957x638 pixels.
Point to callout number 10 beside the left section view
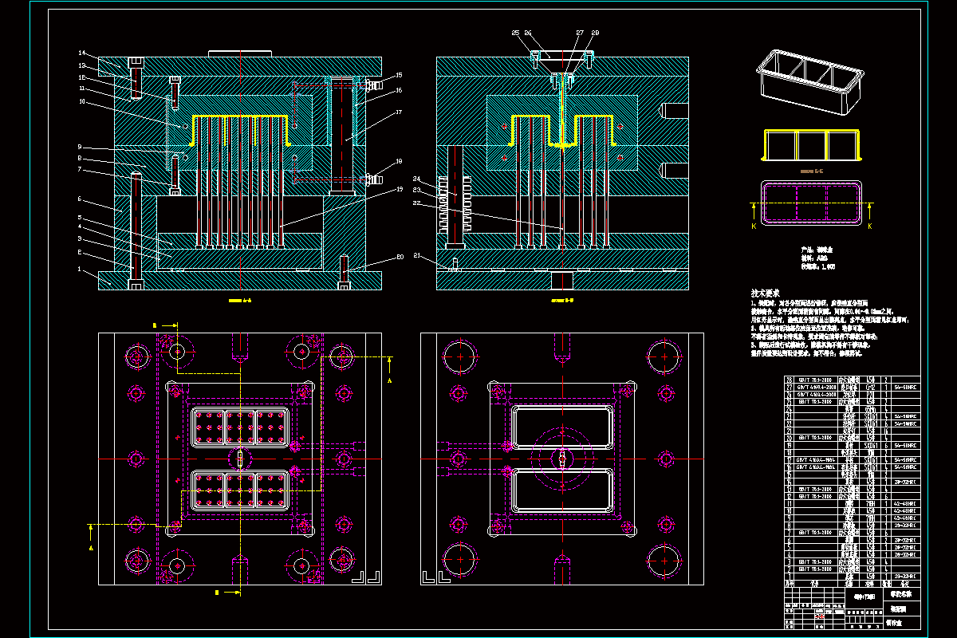click(81, 102)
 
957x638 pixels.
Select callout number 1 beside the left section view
click(80, 270)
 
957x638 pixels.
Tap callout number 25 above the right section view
click(515, 33)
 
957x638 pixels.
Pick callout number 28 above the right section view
click(594, 33)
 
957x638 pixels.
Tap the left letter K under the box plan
click(755, 226)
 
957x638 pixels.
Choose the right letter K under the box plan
click(869, 226)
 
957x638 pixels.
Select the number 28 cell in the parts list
click(790, 380)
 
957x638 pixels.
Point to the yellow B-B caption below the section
click(563, 301)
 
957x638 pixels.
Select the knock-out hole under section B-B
click(563, 280)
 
